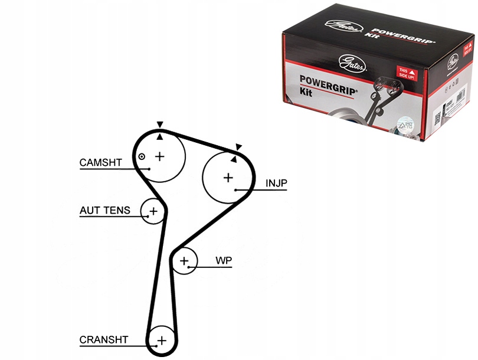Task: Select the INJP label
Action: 276,184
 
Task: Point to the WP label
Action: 223,260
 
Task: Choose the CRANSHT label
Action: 104,340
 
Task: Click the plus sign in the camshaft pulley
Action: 159,156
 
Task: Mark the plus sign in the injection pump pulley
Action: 228,177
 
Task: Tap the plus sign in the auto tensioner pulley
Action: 153,211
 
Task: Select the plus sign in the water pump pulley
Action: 185,260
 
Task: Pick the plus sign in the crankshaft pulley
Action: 161,340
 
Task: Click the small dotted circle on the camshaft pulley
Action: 142,156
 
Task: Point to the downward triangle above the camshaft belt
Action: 159,125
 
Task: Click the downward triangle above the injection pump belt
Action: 238,147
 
